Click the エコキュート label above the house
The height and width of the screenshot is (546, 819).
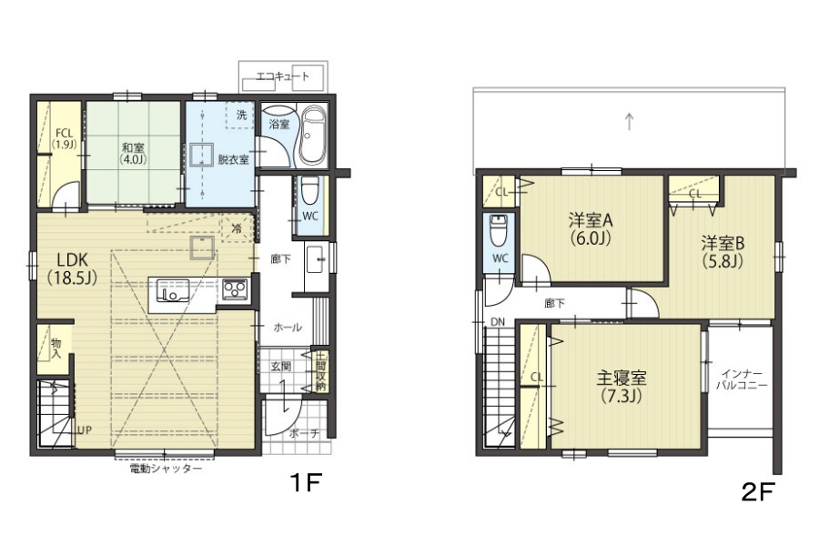click(x=283, y=76)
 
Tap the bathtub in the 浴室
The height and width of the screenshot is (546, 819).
click(x=314, y=136)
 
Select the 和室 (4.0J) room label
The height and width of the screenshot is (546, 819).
click(x=133, y=154)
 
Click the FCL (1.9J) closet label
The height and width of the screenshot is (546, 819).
click(x=65, y=139)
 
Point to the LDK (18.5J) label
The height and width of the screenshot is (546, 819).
click(x=73, y=268)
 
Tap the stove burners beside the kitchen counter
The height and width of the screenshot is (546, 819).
click(x=235, y=289)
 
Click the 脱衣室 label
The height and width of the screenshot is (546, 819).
click(x=233, y=159)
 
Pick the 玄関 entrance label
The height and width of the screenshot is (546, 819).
click(x=281, y=366)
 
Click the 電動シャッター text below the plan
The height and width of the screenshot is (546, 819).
click(x=166, y=469)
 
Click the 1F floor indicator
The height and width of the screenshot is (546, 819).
click(x=305, y=482)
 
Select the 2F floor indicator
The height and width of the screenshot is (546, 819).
click(x=758, y=491)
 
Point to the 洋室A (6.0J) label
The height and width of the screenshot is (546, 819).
click(x=591, y=228)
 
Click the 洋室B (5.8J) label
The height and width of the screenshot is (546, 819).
click(x=723, y=251)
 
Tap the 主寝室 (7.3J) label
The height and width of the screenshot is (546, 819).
click(x=621, y=387)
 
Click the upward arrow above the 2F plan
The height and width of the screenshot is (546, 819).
click(x=630, y=121)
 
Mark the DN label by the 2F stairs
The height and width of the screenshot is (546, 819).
click(x=498, y=322)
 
